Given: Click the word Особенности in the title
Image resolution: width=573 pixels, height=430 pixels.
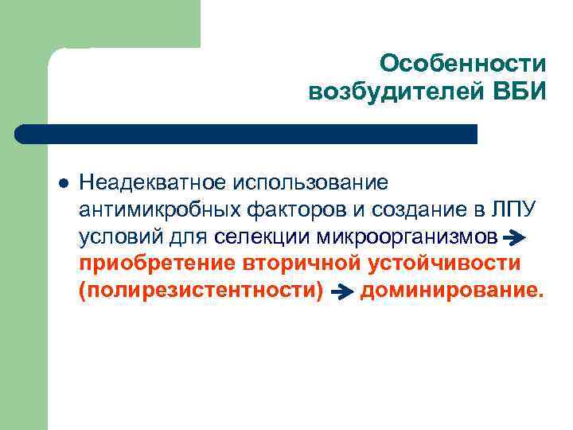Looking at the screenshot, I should tap(463, 63).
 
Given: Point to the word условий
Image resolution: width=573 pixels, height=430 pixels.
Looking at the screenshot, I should tap(115, 236).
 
